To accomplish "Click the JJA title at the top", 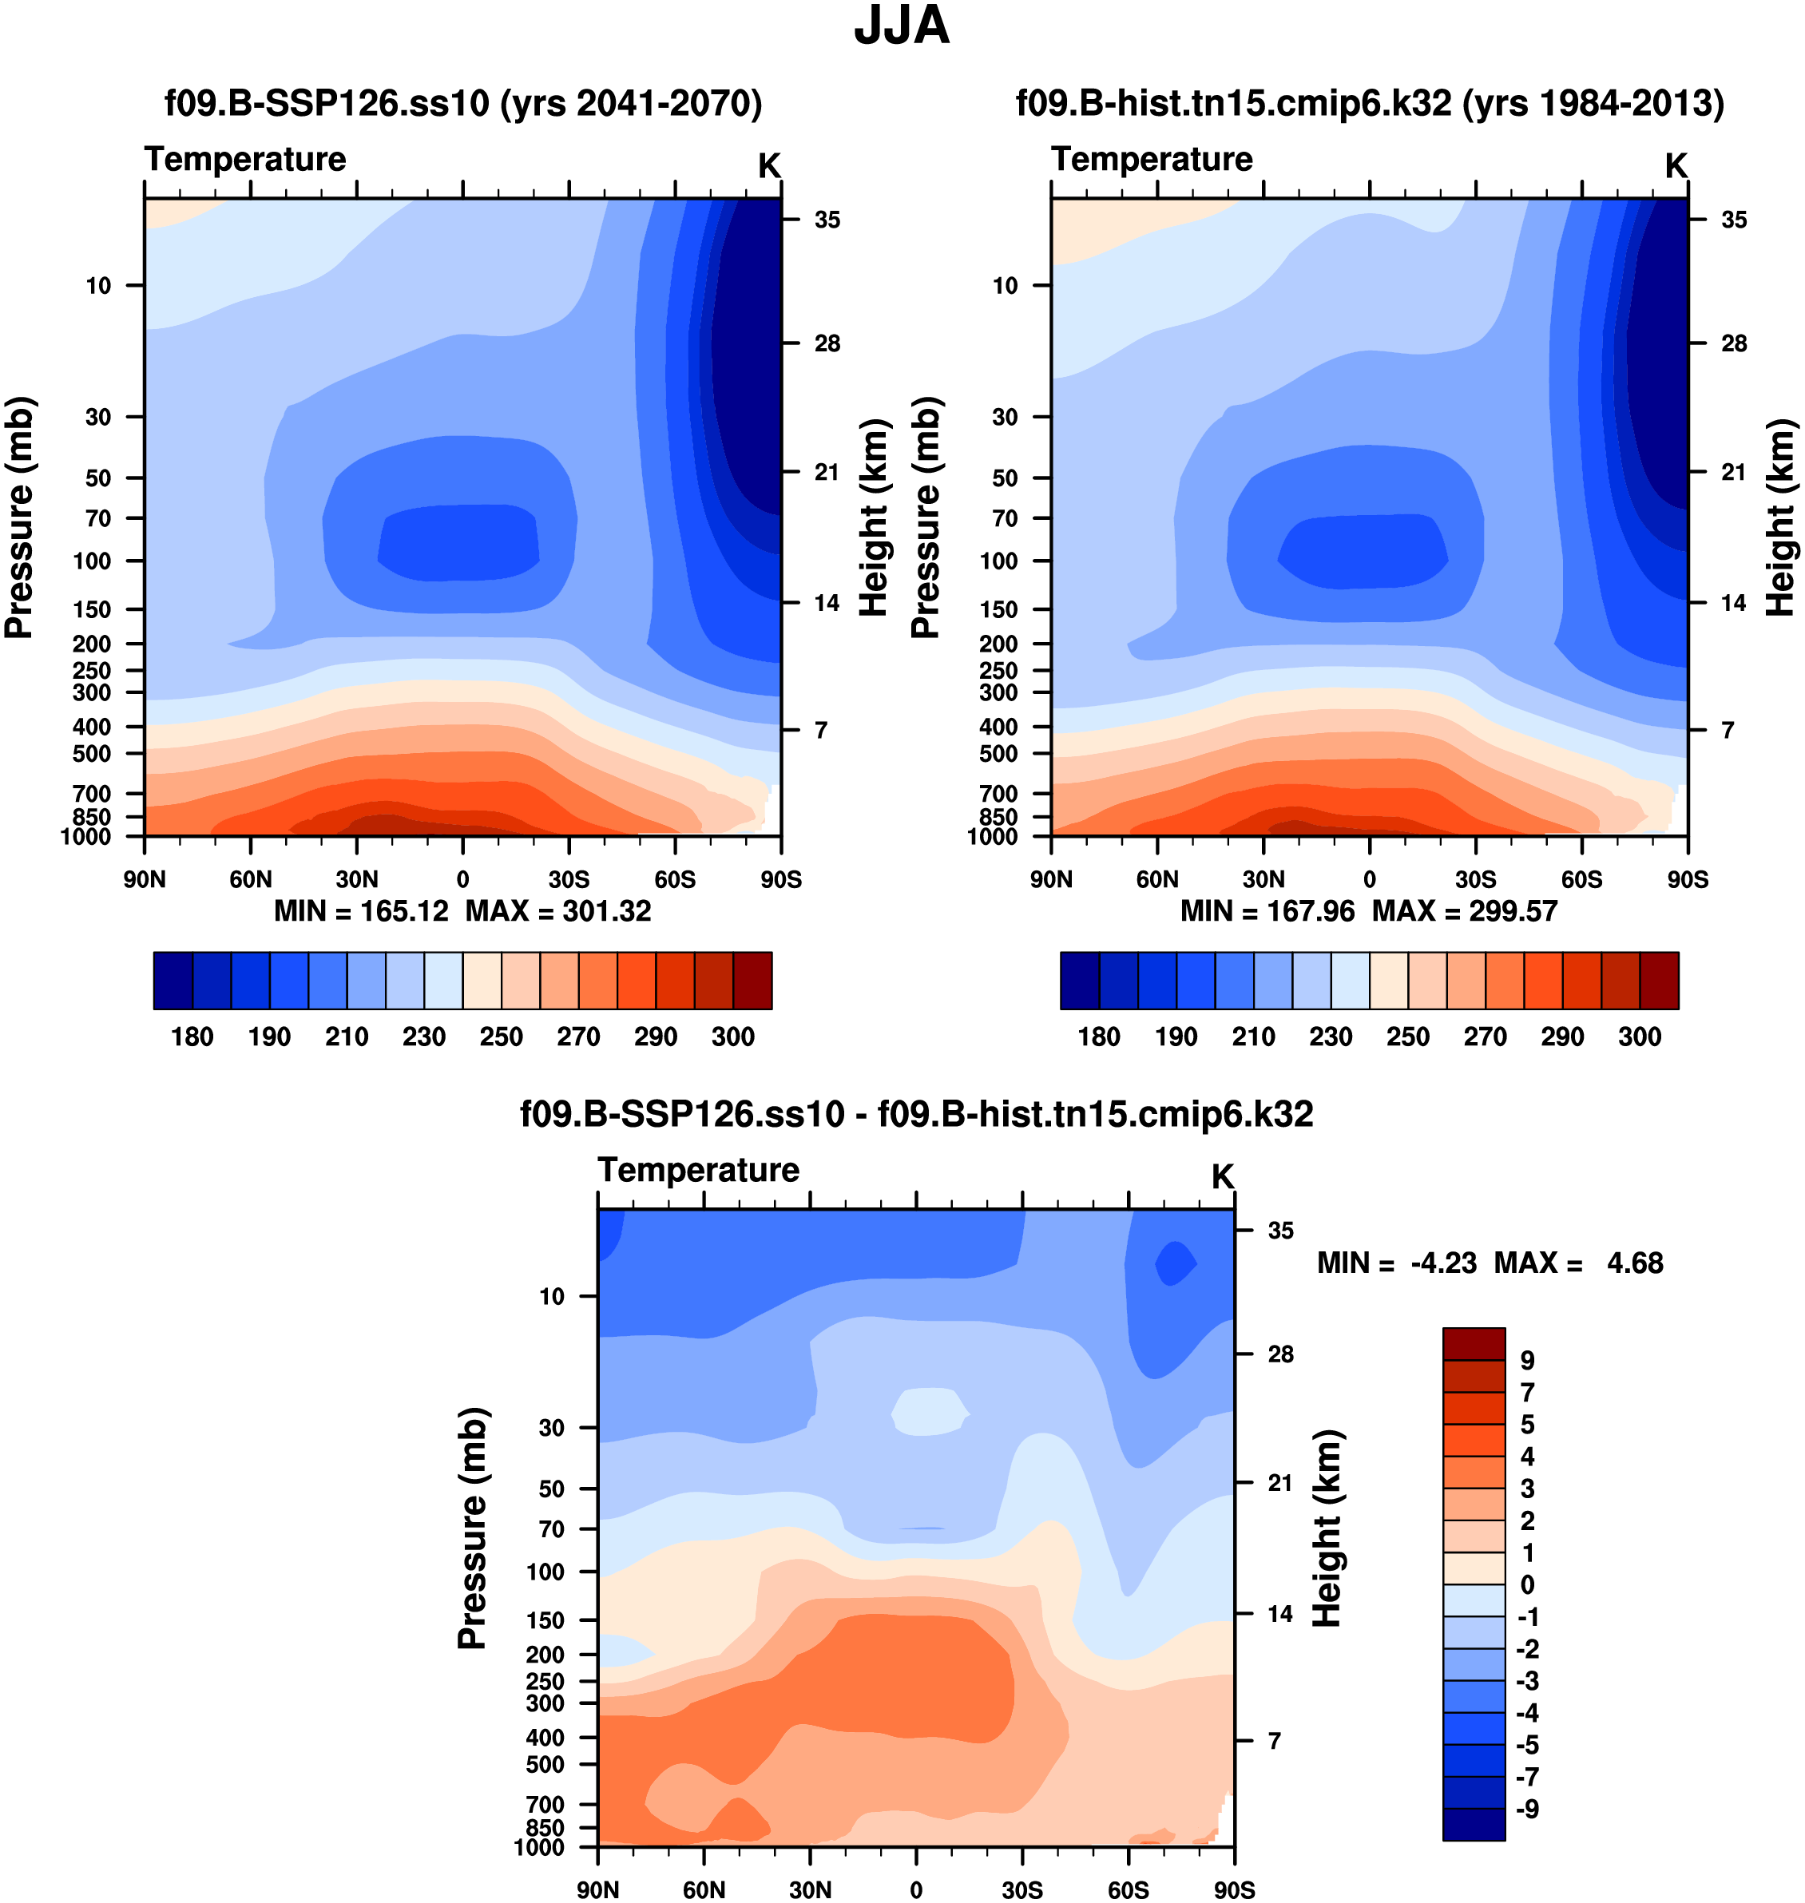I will click(x=902, y=26).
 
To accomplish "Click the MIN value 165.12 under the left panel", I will click(x=404, y=911).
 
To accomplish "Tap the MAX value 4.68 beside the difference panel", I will click(x=1635, y=1263).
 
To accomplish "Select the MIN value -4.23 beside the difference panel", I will click(x=1443, y=1263).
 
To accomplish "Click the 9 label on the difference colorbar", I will click(x=1527, y=1361).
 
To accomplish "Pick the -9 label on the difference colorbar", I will click(x=1527, y=1809).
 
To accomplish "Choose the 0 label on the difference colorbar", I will click(x=1527, y=1584).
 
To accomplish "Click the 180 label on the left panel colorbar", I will click(x=192, y=1037).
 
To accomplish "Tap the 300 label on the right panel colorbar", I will click(x=1640, y=1037).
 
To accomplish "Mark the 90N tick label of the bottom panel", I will click(x=598, y=1889).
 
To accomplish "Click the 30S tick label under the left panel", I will click(x=569, y=879).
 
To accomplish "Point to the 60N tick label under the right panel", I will click(x=1156, y=879).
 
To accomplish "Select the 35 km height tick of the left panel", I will click(x=827, y=220).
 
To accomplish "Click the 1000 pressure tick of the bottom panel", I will click(x=539, y=1847).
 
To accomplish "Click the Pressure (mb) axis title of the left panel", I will click(x=19, y=517).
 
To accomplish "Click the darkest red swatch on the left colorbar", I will click(x=752, y=981).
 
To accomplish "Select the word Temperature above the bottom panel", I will click(x=699, y=1170).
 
